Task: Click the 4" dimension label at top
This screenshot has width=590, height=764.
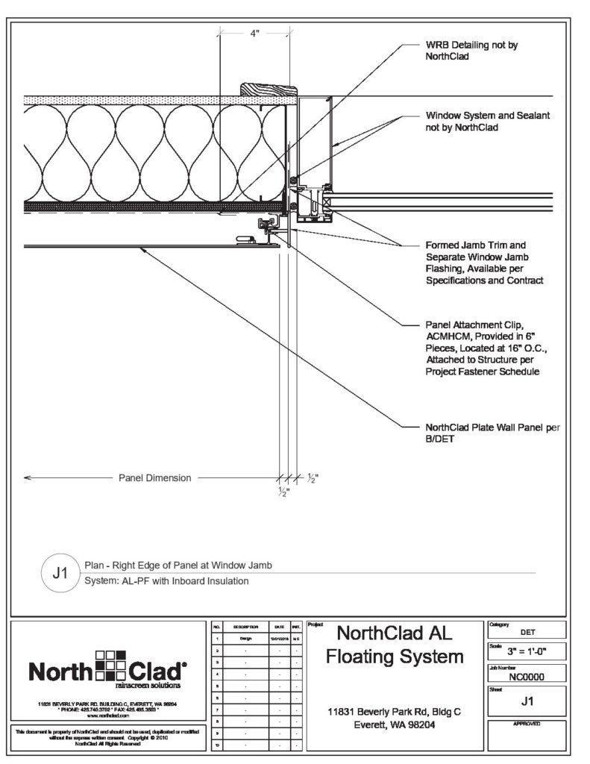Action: (x=255, y=34)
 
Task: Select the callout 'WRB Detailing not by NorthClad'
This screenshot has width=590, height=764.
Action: (x=471, y=50)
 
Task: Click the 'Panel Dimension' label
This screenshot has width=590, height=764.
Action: (x=155, y=477)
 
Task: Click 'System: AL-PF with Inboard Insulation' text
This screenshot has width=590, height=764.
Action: (x=166, y=580)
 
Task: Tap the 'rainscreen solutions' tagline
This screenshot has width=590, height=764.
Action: (x=139, y=683)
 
